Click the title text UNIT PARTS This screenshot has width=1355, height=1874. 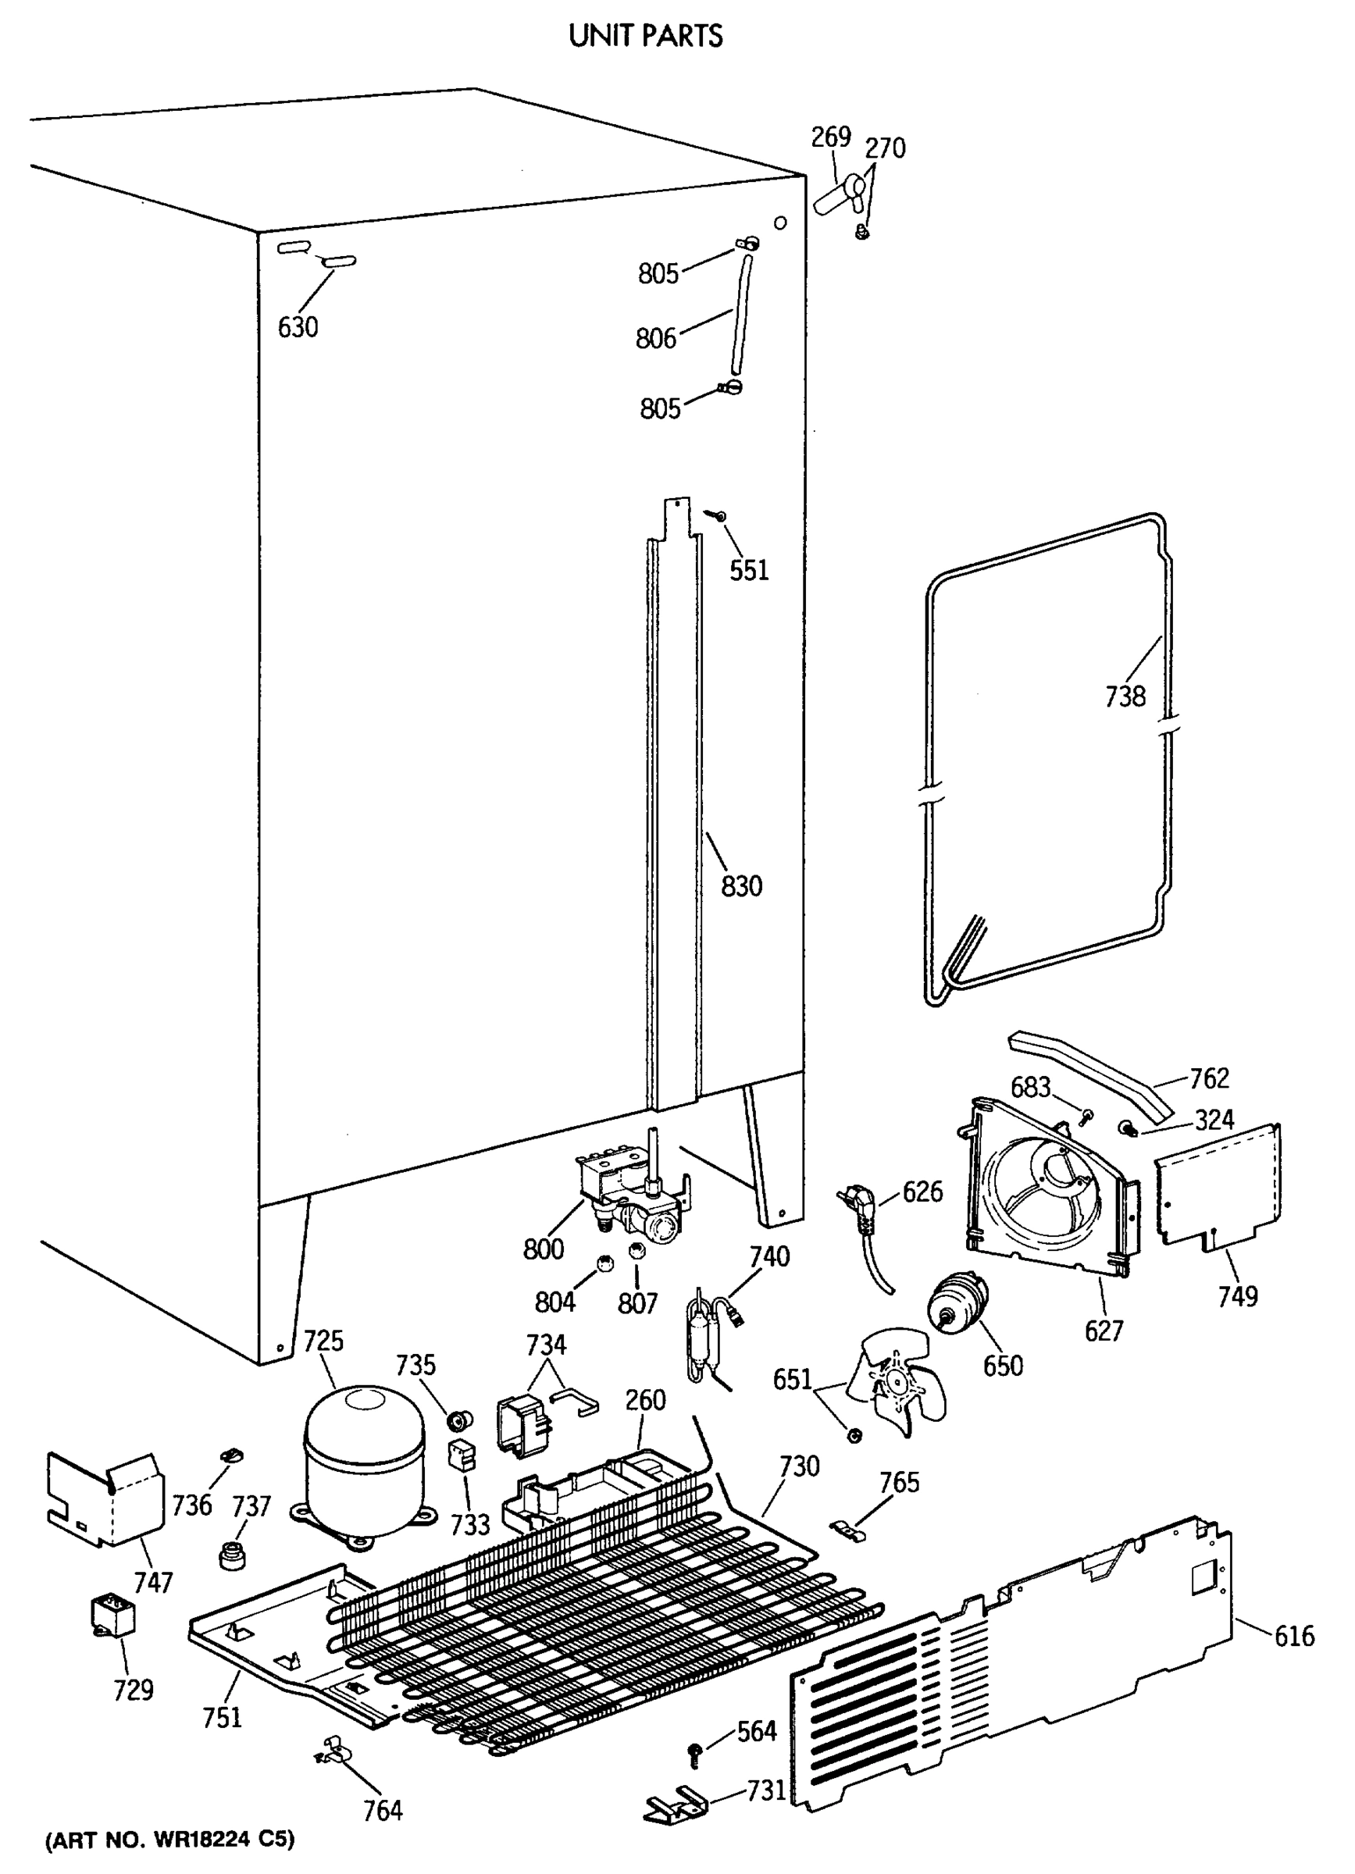pyautogui.click(x=645, y=36)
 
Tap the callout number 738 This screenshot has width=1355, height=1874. pyautogui.click(x=1125, y=697)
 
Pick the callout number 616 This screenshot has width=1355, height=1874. pyautogui.click(x=1294, y=1636)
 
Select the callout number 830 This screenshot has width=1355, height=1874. pyautogui.click(x=741, y=885)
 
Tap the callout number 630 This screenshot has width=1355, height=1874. pyautogui.click(x=298, y=327)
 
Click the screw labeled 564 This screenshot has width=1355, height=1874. pyautogui.click(x=694, y=1751)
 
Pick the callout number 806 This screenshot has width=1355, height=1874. pyautogui.click(x=656, y=338)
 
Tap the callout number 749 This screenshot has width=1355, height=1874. pyautogui.click(x=1238, y=1295)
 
